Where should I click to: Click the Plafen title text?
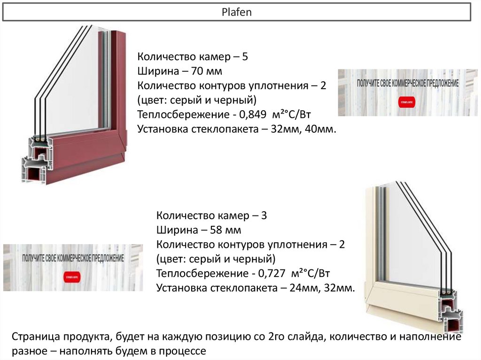coord(237,12)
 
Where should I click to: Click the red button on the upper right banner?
coord(407,100)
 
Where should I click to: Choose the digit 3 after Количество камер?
coord(264,216)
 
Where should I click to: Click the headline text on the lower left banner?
coord(73,259)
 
